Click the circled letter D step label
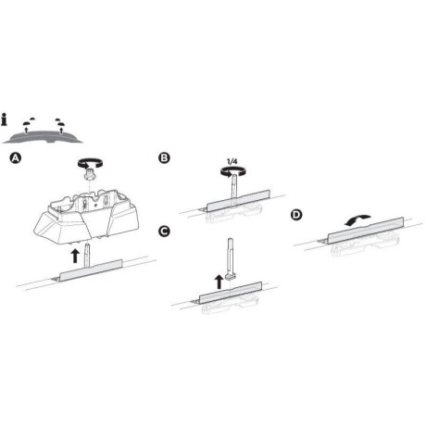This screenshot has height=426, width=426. click(x=296, y=215)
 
